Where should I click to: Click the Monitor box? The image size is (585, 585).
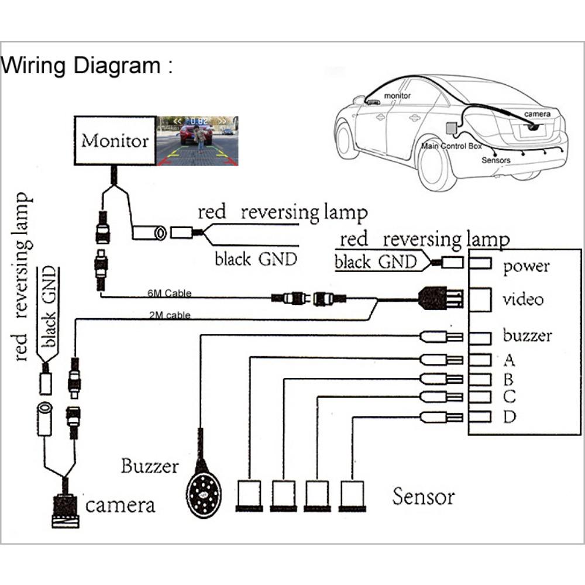point(115,141)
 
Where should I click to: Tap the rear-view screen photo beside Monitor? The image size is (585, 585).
point(197,141)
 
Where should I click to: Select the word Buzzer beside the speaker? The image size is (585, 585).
point(149,466)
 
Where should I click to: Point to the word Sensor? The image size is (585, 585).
point(424,497)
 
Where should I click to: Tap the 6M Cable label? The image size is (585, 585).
point(170,293)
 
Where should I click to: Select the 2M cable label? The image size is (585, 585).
point(170,315)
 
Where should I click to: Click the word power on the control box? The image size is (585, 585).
point(526,267)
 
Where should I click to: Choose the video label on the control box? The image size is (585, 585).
point(523,300)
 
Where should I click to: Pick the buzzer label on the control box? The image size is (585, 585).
point(527,336)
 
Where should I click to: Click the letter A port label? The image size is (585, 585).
point(509,359)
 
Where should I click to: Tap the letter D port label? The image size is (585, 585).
point(509,417)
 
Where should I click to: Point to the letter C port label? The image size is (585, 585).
point(509,397)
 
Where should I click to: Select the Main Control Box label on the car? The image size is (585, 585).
point(451,146)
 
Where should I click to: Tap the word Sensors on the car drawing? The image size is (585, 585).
point(496,160)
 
